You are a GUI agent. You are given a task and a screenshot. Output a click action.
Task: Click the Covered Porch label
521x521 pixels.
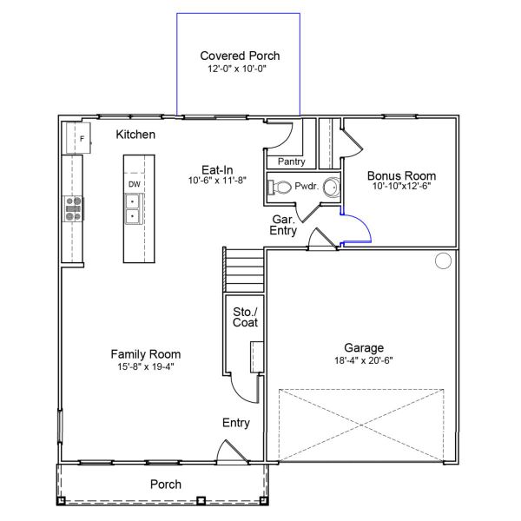[x=240, y=56]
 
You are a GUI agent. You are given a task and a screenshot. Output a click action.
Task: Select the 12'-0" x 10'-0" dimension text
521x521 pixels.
[x=240, y=68]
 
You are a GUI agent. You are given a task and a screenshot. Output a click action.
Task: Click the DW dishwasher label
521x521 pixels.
[x=135, y=185]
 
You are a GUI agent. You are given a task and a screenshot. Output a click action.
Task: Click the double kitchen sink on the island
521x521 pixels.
[x=134, y=209]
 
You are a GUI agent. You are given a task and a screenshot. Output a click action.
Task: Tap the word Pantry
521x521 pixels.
[x=291, y=162]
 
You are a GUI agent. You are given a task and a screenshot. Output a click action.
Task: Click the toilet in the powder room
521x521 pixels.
[x=280, y=187]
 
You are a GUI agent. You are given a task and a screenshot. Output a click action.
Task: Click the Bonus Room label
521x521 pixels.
[x=401, y=175]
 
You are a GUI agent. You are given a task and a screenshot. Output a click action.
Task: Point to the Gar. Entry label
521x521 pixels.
[x=282, y=226]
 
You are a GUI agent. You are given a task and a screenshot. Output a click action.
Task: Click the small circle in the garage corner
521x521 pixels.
[x=443, y=260]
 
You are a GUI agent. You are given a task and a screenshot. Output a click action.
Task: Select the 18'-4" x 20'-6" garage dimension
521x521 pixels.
[x=364, y=360]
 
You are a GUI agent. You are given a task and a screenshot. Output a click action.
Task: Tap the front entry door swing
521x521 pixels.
[x=229, y=452]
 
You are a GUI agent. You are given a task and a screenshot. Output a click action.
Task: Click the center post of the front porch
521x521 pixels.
[x=201, y=500]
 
